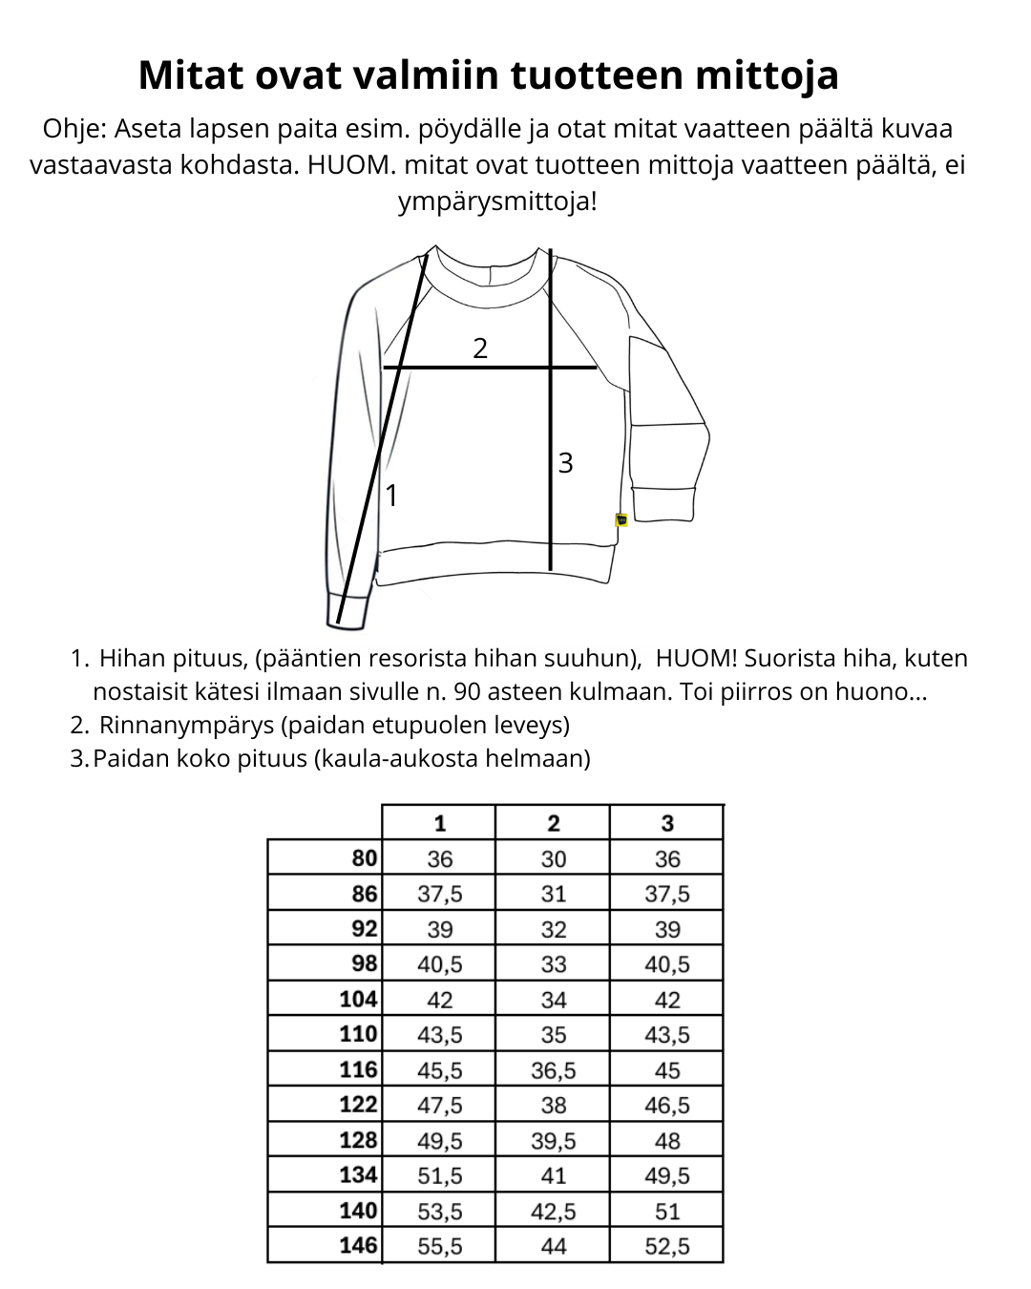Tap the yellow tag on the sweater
pos(621,520)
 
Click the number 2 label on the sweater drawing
pos(480,349)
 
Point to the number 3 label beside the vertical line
pos(565,463)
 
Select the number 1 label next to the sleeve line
pos(390,497)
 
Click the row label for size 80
pos(365,858)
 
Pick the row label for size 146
pos(359,1245)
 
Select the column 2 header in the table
pos(554,823)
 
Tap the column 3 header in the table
pos(667,823)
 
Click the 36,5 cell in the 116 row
pos(554,1070)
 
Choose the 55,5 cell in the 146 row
pos(440,1246)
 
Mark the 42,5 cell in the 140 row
pos(554,1211)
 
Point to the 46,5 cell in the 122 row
pos(667,1106)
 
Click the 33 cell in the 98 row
pos(554,964)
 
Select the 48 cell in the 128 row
pos(667,1141)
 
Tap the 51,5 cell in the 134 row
pos(440,1175)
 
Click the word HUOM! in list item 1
pos(696,659)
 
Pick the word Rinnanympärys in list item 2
pos(187,726)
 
